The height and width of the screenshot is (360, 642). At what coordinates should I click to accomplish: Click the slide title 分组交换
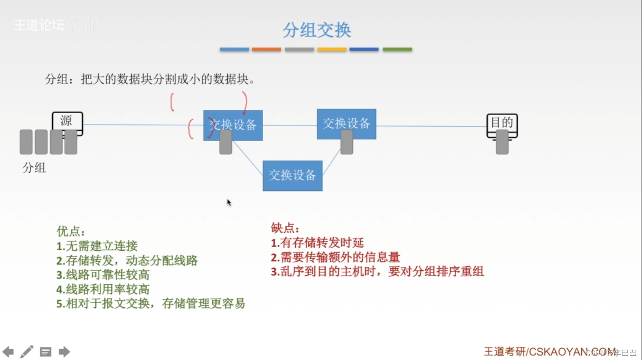coord(317,30)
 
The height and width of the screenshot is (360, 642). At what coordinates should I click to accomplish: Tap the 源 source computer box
coord(67,122)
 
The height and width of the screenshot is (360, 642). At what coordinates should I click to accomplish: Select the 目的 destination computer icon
coord(502,124)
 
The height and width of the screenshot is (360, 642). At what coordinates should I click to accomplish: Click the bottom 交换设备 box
coord(292,175)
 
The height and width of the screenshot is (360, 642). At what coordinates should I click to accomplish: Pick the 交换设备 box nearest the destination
coord(346,124)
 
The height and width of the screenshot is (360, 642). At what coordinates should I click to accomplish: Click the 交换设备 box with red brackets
coord(233,125)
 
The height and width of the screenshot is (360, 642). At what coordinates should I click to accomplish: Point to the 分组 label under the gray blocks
coord(34,168)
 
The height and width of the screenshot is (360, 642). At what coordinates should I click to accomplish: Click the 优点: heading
coord(71,231)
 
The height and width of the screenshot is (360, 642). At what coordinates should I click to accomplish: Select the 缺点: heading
coord(285,228)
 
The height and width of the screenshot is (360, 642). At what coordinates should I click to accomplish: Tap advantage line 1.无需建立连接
coord(97,246)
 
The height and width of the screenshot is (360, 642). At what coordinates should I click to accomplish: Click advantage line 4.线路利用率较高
coord(103,289)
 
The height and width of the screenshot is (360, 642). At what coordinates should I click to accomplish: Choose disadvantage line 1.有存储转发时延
coord(317,243)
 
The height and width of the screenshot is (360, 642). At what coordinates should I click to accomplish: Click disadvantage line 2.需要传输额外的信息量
coord(335,257)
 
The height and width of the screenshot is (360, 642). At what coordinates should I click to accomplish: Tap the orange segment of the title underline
coord(266,49)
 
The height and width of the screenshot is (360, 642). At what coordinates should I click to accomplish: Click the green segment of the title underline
coord(397,49)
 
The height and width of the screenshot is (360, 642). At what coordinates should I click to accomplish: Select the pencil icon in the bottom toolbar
coord(26,352)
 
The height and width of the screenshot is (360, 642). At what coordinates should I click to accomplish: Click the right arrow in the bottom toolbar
coord(64,352)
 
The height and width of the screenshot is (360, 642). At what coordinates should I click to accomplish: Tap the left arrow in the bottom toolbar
coord(8,352)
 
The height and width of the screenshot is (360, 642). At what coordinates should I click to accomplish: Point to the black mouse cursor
coord(229,203)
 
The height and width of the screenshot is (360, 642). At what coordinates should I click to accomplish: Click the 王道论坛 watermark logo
coord(39,25)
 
